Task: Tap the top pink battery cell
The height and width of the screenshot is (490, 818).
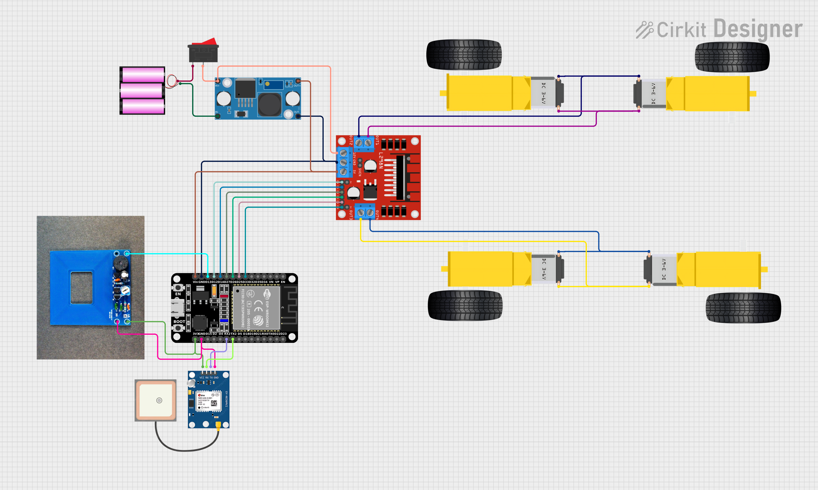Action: click(x=143, y=75)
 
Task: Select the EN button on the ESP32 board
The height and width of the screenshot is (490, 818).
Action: click(x=178, y=288)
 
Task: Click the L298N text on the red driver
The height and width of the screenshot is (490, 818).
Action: click(x=381, y=160)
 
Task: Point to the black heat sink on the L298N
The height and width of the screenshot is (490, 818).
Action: click(x=400, y=177)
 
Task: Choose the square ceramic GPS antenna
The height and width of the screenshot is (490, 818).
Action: click(x=156, y=400)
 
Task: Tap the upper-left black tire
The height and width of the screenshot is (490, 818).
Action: click(x=464, y=55)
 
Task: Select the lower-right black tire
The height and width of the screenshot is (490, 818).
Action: click(x=743, y=308)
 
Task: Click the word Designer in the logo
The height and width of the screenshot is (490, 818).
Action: click(x=758, y=29)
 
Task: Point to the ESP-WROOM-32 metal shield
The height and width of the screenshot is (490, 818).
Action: click(x=256, y=308)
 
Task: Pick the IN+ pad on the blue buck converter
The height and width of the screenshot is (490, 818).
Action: click(x=217, y=81)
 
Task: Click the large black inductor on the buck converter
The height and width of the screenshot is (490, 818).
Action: click(x=269, y=104)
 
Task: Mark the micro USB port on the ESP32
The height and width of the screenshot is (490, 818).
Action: click(x=177, y=308)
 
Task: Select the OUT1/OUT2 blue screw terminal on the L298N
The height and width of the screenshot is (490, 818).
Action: click(x=363, y=143)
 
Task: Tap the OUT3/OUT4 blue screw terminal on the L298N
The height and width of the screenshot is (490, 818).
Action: click(x=365, y=212)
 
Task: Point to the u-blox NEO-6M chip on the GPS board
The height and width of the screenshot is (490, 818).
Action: click(x=209, y=401)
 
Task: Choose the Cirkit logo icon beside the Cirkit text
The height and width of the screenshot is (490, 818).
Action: click(x=644, y=30)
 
